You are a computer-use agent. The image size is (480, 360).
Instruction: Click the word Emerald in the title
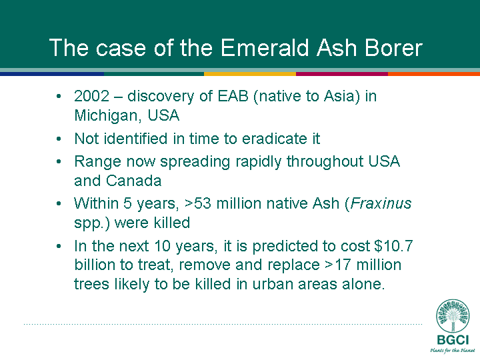click(x=265, y=48)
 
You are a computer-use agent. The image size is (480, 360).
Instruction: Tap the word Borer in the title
click(x=393, y=48)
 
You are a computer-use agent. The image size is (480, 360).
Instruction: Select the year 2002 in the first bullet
click(x=91, y=96)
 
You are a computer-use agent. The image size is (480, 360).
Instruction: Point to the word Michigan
click(x=106, y=116)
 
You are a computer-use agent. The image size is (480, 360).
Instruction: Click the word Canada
click(x=133, y=181)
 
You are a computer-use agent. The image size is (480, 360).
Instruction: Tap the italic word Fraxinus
click(x=381, y=203)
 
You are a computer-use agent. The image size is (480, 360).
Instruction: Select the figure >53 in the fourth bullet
click(x=199, y=203)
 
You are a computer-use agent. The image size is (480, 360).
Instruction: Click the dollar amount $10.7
click(x=393, y=246)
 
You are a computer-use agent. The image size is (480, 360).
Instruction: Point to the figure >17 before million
click(x=337, y=265)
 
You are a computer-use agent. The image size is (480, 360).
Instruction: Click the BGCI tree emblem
click(x=453, y=316)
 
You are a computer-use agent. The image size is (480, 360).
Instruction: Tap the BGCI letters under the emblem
click(x=453, y=340)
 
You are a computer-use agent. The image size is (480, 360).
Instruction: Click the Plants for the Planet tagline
click(x=453, y=350)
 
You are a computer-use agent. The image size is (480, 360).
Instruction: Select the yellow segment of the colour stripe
click(x=250, y=74)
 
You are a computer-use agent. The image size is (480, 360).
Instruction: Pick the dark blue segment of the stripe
click(x=52, y=74)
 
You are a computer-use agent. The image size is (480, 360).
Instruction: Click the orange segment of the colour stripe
click(x=434, y=74)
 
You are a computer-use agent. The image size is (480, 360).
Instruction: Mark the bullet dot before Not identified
click(x=59, y=139)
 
